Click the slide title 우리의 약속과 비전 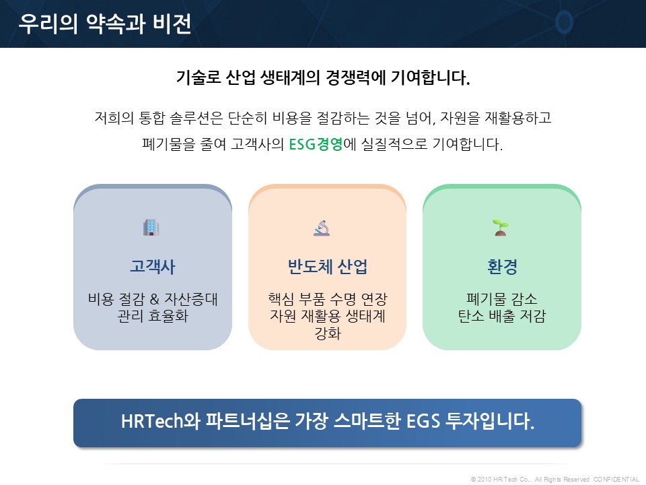tap(105, 24)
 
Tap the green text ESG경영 tap(316, 144)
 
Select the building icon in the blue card tap(151, 227)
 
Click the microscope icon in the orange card tap(322, 228)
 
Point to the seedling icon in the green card tap(501, 228)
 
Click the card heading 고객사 tap(153, 267)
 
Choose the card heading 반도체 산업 tap(327, 267)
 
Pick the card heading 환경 tap(502, 267)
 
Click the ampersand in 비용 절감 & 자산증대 tap(155, 299)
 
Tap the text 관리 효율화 tap(153, 316)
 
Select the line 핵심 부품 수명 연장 tap(328, 299)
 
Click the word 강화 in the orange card tap(328, 333)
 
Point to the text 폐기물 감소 tap(502, 299)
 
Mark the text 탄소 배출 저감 tap(502, 316)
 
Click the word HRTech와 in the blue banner tap(161, 422)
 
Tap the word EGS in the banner tap(423, 422)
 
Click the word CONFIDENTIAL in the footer tap(616, 479)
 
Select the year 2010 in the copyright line tap(485, 479)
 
